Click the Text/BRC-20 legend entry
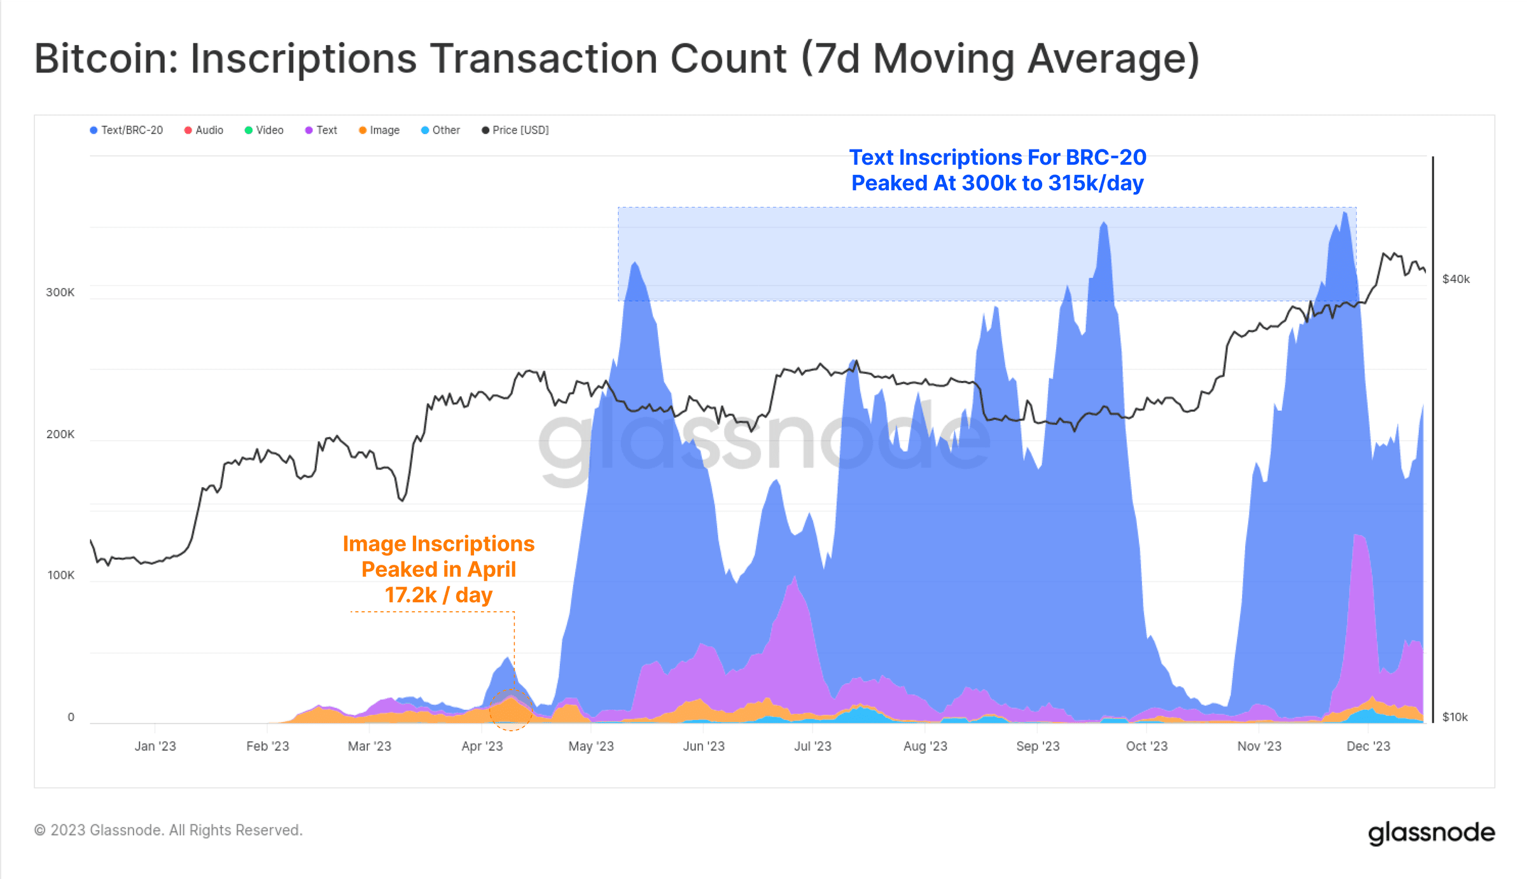tap(127, 130)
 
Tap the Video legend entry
tap(264, 130)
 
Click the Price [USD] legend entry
tap(515, 130)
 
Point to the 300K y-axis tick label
tap(60, 293)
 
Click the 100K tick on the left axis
tap(60, 576)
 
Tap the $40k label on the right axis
tap(1456, 279)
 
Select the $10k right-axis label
tap(1455, 717)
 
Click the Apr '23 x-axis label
tap(482, 747)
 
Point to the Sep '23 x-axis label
tap(1038, 747)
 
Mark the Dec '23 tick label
tap(1368, 747)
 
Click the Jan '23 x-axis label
tap(155, 747)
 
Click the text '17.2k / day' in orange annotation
tap(438, 595)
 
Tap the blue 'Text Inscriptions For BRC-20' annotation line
tap(998, 158)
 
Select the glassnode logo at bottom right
tap(1431, 833)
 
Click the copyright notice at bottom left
tap(168, 831)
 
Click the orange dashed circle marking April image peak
tap(510, 710)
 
